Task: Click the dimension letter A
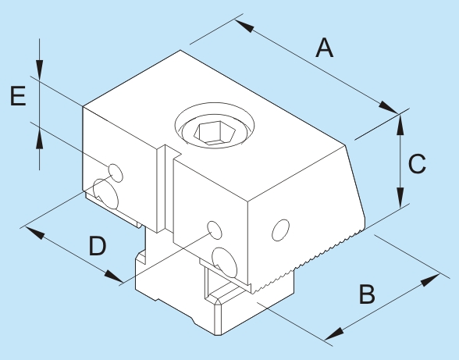click(325, 48)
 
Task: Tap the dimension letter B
click(367, 294)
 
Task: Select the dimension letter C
click(417, 164)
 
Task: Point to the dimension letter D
click(98, 246)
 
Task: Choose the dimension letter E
click(18, 96)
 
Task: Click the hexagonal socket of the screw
click(215, 133)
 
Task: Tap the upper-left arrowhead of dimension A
click(244, 26)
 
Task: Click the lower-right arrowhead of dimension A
click(389, 108)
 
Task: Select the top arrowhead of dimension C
click(400, 124)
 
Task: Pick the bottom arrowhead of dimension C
click(400, 198)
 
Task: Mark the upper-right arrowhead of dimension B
click(430, 280)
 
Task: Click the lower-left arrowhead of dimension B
click(334, 333)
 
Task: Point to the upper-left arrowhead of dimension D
click(34, 232)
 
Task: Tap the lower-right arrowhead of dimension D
click(115, 276)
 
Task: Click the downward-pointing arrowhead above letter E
click(40, 70)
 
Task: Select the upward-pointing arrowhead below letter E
click(40, 139)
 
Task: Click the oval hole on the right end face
click(281, 230)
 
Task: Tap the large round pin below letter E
click(105, 194)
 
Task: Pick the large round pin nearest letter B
click(224, 262)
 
